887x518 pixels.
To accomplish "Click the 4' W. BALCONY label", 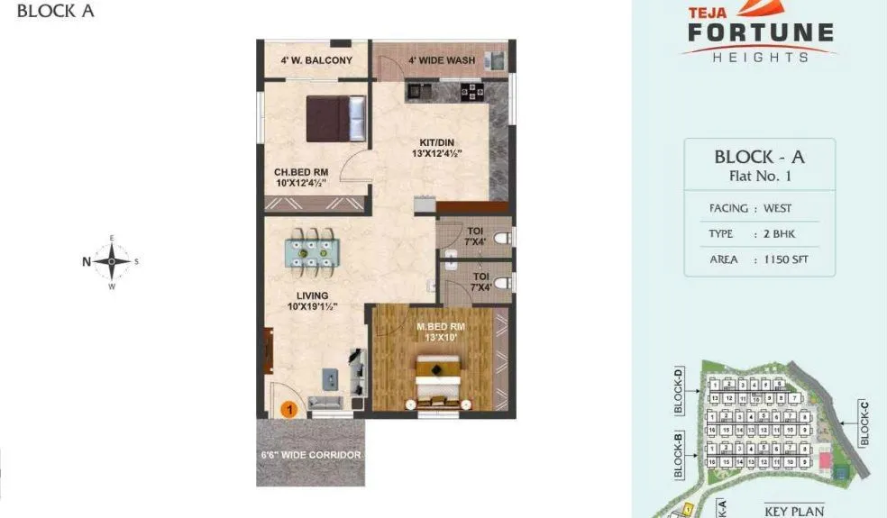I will pyautogui.click(x=315, y=60).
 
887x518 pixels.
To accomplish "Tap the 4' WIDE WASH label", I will pyautogui.click(x=442, y=60).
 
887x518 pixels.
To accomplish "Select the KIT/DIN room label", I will pyautogui.click(x=436, y=148).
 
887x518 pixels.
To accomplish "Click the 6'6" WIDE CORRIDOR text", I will pyautogui.click(x=310, y=455).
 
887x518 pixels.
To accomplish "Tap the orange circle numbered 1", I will pyautogui.click(x=289, y=409).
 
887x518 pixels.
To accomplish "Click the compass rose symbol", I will pyautogui.click(x=112, y=262).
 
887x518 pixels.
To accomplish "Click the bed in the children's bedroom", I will pyautogui.click(x=336, y=119).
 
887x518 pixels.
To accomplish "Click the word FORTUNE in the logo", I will pyautogui.click(x=761, y=34).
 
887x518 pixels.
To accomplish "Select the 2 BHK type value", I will pyautogui.click(x=779, y=233).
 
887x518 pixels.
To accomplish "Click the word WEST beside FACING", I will pyautogui.click(x=777, y=208).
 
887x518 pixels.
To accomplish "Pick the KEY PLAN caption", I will pyautogui.click(x=794, y=511).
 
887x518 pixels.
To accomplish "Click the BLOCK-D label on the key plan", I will pyautogui.click(x=679, y=390).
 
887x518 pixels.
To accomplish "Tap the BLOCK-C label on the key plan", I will pyautogui.click(x=864, y=423).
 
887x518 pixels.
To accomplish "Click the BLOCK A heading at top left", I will pyautogui.click(x=55, y=12).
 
